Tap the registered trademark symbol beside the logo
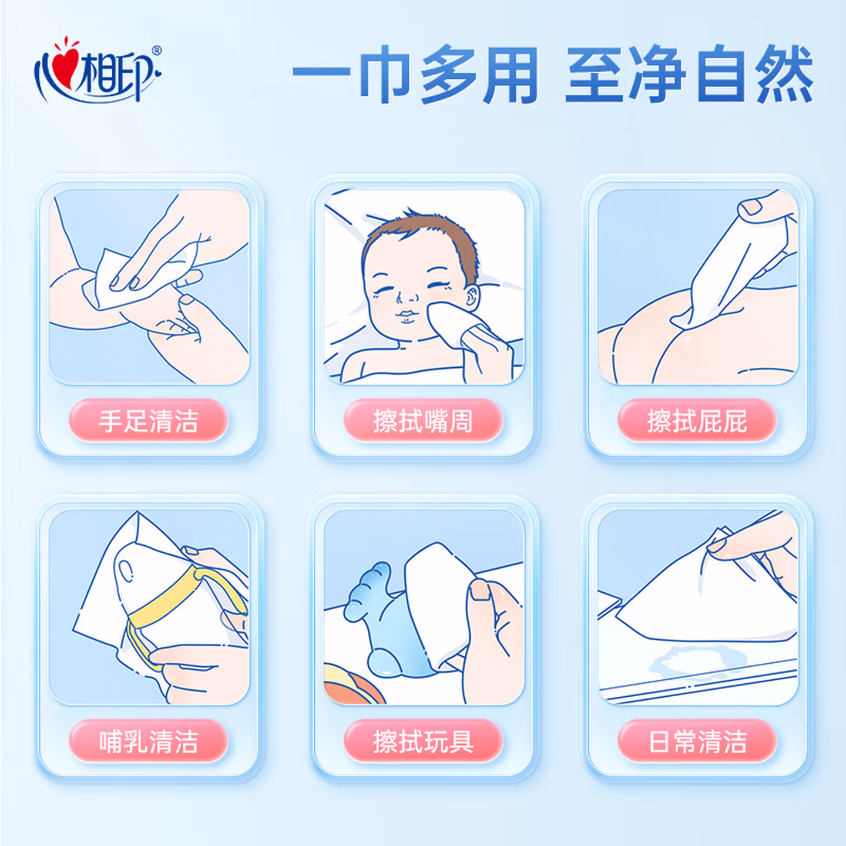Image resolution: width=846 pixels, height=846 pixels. click(x=157, y=51)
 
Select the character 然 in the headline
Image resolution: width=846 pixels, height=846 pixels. click(x=784, y=74)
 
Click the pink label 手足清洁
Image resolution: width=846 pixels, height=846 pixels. click(x=149, y=420)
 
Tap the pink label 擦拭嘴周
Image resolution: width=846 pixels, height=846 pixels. click(x=423, y=420)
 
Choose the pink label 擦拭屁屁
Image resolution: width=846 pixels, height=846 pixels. click(x=697, y=420)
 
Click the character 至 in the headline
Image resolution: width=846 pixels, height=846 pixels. click(x=595, y=74)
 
